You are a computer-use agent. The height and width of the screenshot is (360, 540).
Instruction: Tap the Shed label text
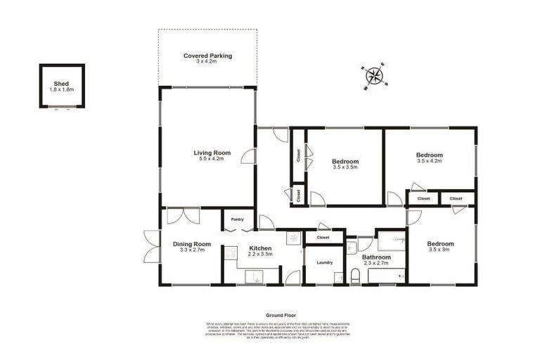61,84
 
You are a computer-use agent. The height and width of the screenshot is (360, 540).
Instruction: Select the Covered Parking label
207,56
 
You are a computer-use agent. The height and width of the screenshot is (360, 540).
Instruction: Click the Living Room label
212,153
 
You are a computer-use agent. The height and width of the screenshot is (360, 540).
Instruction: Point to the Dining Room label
192,244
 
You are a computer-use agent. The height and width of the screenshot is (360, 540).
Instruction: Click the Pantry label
238,219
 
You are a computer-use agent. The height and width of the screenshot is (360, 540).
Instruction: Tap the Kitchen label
259,248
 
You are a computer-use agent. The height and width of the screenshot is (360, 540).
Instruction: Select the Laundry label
324,263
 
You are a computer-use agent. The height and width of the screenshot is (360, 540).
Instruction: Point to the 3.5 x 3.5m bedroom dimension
345,167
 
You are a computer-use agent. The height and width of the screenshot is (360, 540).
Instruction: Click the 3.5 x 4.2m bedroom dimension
429,161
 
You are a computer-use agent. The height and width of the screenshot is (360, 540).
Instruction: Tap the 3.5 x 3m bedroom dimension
441,250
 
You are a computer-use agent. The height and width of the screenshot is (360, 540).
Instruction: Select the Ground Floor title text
279,316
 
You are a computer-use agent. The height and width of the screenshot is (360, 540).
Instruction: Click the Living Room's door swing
248,157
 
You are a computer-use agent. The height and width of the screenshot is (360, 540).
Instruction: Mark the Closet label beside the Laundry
323,238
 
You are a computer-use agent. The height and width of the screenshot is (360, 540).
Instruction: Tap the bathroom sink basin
352,247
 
